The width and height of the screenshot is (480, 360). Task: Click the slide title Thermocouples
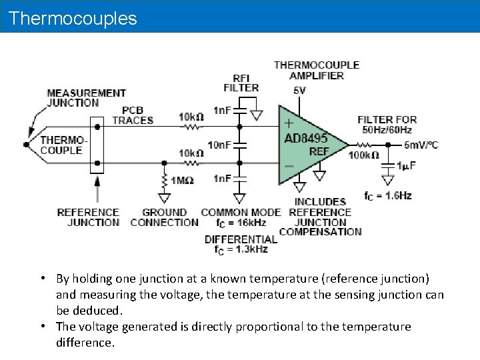(x=73, y=18)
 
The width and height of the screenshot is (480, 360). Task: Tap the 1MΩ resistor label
(x=182, y=181)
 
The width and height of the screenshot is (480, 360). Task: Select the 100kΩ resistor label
(x=363, y=155)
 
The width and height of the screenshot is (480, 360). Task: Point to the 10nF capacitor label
(x=219, y=145)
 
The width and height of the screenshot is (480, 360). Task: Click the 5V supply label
(x=299, y=91)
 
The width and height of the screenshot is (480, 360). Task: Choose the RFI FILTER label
(x=241, y=83)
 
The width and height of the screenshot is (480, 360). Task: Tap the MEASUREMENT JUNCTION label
(x=86, y=97)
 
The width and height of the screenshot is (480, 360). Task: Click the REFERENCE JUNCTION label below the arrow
(x=88, y=217)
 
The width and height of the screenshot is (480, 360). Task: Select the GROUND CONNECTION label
(x=164, y=217)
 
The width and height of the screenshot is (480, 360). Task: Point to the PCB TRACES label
(x=133, y=115)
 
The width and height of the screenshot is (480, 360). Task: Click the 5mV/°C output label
(x=421, y=145)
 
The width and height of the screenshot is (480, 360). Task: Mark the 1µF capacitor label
(x=407, y=166)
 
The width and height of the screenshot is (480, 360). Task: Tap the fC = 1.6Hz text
(x=387, y=195)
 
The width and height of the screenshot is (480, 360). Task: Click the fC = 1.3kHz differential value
(x=241, y=249)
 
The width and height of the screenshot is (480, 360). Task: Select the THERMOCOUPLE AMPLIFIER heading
(x=317, y=70)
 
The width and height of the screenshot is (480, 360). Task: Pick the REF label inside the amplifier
(x=319, y=151)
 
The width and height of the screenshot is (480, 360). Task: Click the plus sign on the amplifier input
(x=289, y=123)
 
